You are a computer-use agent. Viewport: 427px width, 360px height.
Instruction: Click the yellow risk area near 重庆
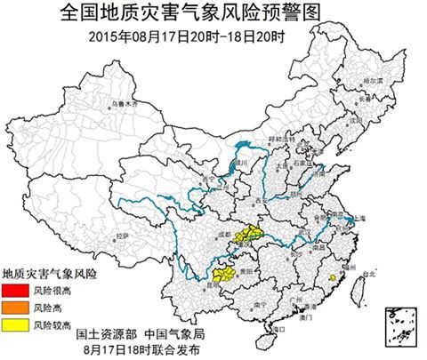tap(248, 234)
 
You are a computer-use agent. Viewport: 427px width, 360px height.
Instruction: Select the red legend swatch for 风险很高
tap(16, 292)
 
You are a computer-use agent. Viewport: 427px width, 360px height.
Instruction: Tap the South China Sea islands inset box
tap(401, 324)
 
